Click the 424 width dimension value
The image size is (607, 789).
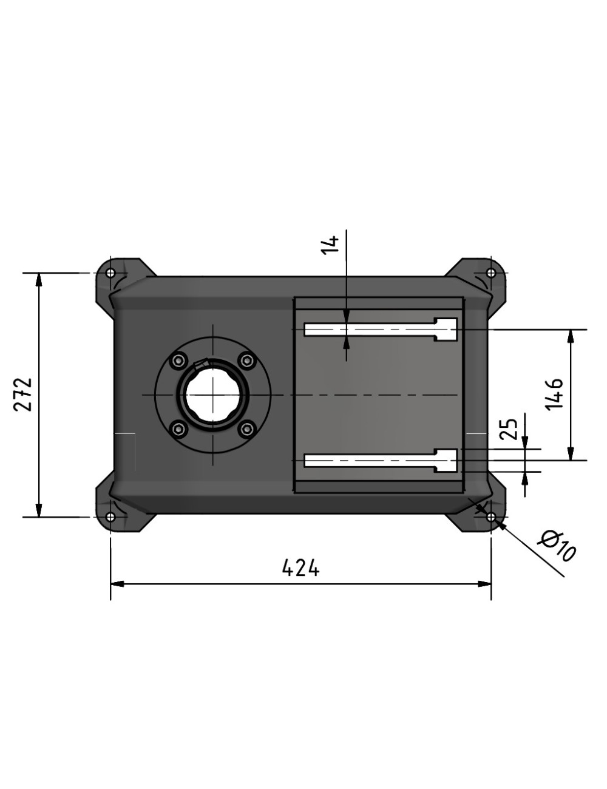point(300,568)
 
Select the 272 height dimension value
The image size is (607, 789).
point(24,394)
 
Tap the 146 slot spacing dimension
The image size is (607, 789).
point(554,394)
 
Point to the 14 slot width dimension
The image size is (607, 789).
point(330,245)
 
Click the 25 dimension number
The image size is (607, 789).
point(510,428)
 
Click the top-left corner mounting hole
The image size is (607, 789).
point(110,273)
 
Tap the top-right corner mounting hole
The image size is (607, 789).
point(491,273)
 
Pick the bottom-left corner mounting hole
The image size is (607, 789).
point(110,517)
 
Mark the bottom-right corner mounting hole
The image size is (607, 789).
point(491,517)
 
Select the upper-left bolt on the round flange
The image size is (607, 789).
point(178,361)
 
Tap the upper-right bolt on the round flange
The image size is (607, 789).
point(246,361)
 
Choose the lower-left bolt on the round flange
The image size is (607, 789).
point(178,430)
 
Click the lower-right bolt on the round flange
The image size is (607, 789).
point(246,430)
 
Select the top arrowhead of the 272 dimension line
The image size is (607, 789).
point(39,280)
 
